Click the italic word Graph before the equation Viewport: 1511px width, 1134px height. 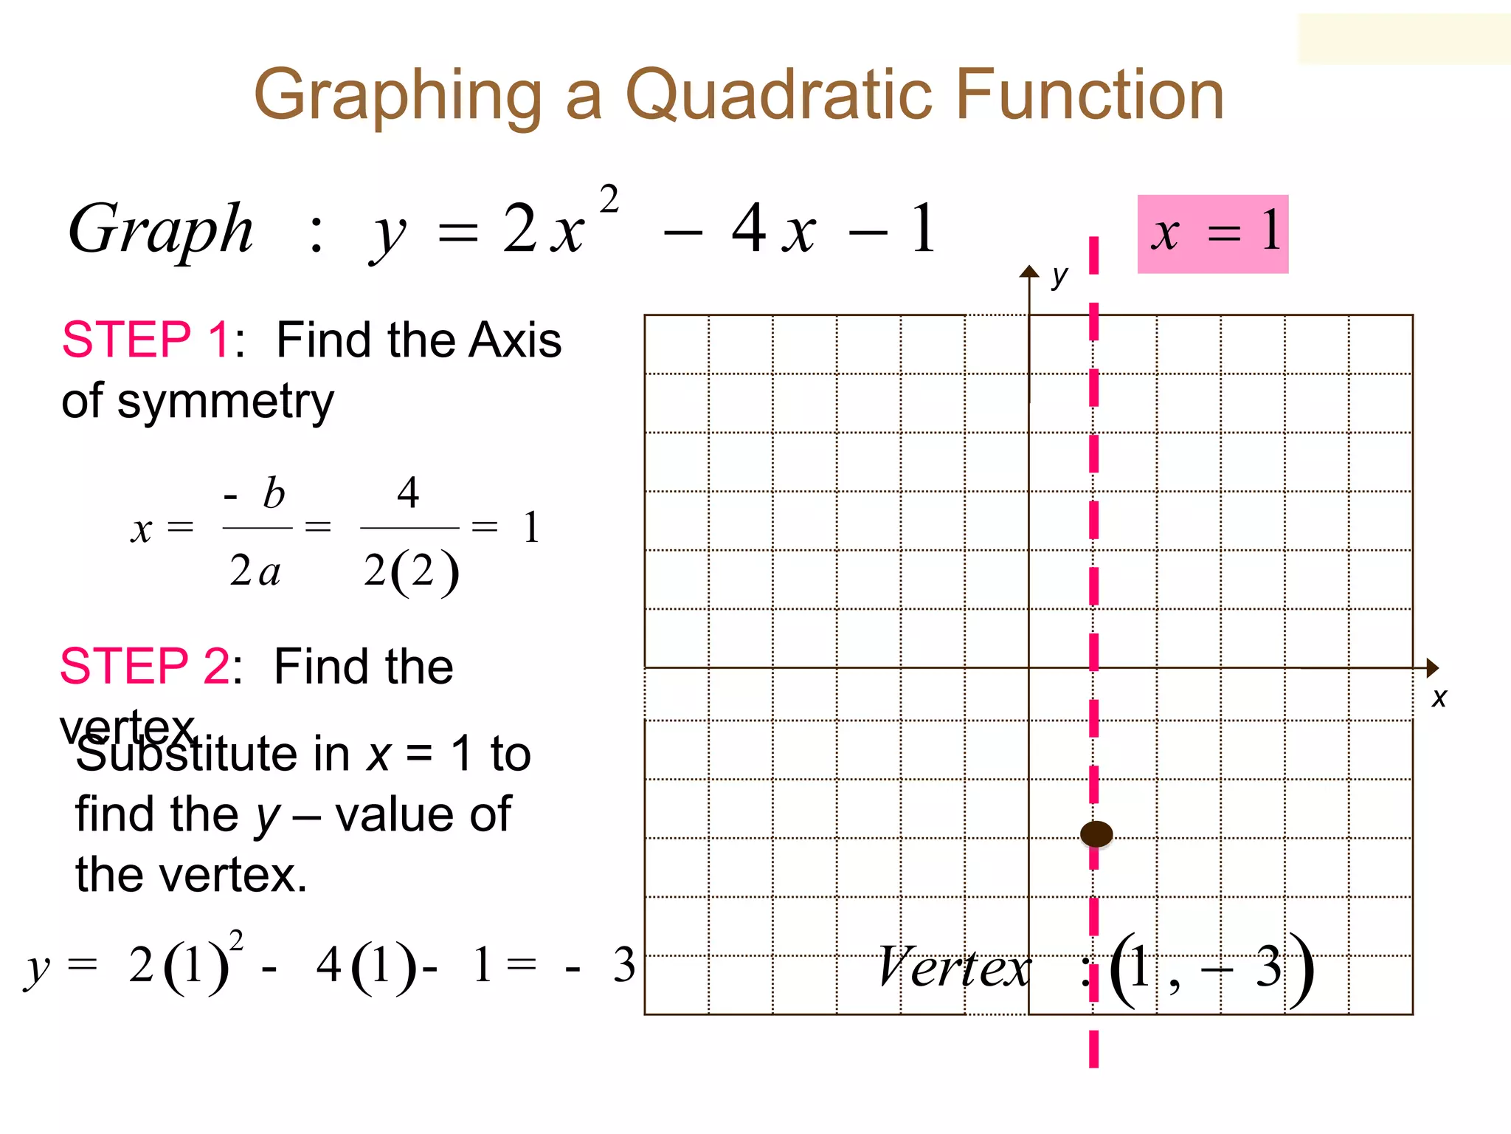coord(161,230)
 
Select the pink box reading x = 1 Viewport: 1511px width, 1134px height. coord(1212,234)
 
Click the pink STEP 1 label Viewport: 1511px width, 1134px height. coord(146,340)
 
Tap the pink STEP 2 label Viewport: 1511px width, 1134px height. coord(145,666)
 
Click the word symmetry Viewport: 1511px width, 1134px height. coord(226,403)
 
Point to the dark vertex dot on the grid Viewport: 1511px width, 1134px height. coord(1096,834)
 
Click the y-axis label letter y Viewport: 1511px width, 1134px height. coord(1059,276)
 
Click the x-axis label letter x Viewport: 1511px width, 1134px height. coord(1439,697)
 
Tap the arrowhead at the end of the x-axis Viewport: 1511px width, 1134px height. coord(1432,667)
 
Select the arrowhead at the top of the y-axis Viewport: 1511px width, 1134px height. coord(1029,271)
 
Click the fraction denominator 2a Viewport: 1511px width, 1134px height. coord(255,571)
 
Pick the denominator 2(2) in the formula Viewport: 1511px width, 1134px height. coord(411,572)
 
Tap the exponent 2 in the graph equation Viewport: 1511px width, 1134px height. coord(609,199)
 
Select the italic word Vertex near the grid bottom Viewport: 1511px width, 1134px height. coord(954,967)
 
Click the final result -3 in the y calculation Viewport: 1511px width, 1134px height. coord(605,965)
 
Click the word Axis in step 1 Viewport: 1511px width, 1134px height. coord(516,340)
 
